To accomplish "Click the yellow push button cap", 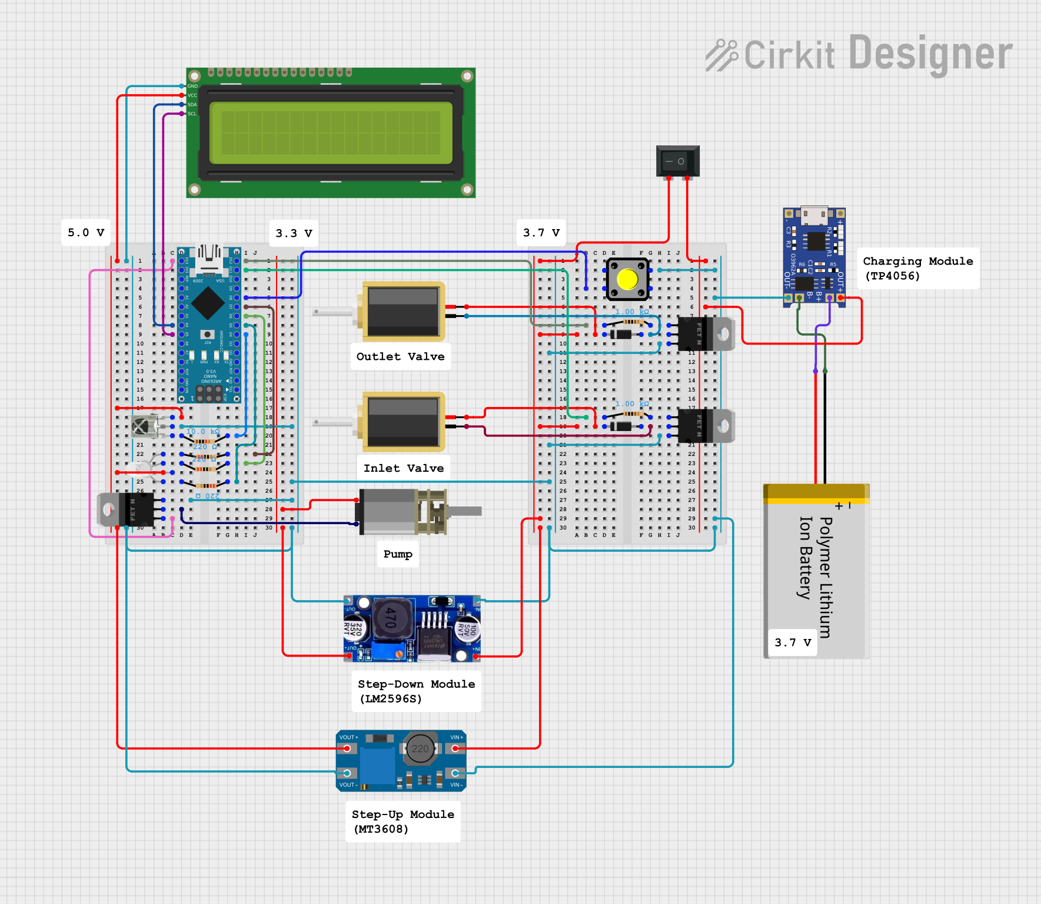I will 627,280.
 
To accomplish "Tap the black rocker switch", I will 677,161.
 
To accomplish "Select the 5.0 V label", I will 86,233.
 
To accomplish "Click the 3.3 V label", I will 294,233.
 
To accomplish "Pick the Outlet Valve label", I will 400,357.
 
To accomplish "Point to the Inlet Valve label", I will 403,468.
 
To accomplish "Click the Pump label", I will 398,554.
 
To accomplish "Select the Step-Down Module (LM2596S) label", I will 416,691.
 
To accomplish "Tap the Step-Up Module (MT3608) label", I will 403,822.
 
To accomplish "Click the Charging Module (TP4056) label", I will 917,269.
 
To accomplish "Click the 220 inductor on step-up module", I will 421,749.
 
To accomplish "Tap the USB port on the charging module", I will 814,215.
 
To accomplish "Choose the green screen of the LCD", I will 331,133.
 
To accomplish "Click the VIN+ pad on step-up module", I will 455,749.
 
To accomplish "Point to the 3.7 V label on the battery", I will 792,643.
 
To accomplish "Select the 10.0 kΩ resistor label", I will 202,432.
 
